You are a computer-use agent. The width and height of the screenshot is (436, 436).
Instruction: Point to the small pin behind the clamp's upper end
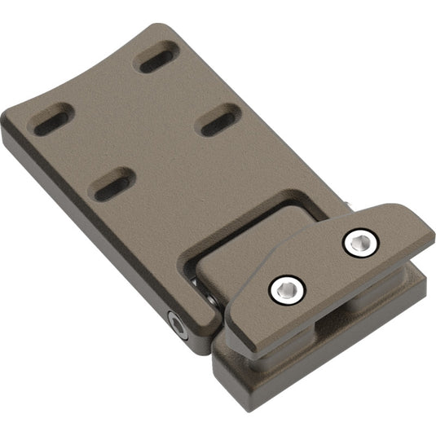[350, 208]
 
